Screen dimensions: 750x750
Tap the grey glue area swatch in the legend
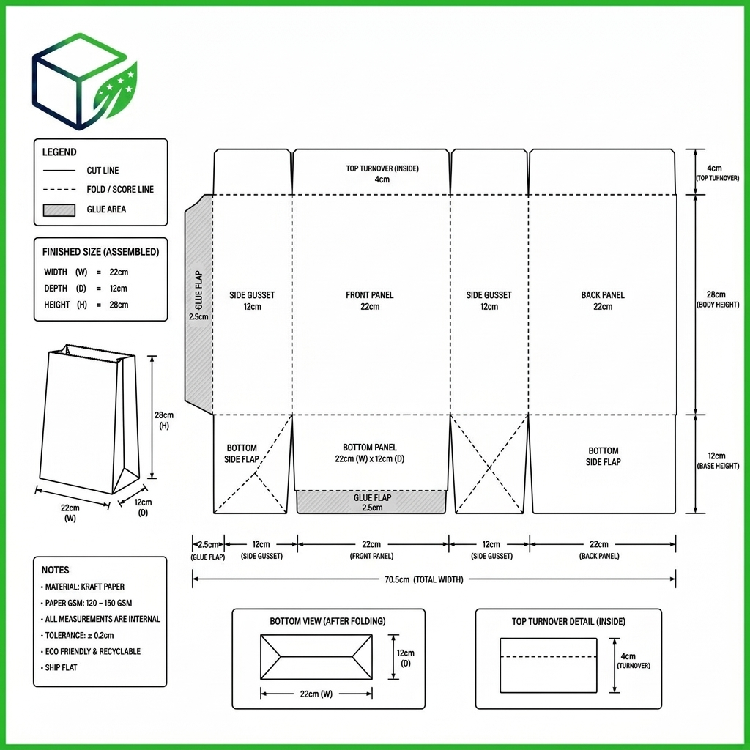(x=59, y=210)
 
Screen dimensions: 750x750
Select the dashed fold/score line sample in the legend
(x=59, y=190)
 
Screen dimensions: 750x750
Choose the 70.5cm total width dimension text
(x=424, y=579)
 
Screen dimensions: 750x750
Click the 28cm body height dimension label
(x=718, y=299)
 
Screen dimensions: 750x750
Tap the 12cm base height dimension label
(x=718, y=460)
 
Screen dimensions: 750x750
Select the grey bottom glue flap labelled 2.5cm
(x=371, y=502)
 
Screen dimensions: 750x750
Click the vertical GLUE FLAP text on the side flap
(x=198, y=289)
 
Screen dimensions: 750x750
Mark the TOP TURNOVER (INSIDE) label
(x=382, y=168)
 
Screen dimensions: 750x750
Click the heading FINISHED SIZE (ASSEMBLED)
(x=100, y=252)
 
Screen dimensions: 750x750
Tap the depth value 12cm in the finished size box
(x=118, y=289)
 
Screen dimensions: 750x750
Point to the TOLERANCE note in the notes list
(x=79, y=635)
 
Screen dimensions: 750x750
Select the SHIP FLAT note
(x=60, y=667)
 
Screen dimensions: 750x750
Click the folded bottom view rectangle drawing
(x=316, y=657)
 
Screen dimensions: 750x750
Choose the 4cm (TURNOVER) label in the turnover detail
(x=633, y=661)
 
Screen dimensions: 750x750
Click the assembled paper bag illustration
(x=89, y=419)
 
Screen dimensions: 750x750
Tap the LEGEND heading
(x=59, y=152)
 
